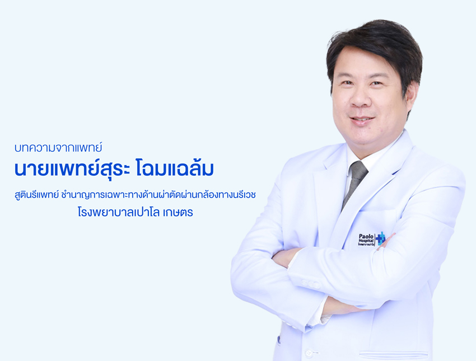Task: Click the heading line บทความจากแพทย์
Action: [58, 148]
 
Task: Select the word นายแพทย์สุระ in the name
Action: [72, 168]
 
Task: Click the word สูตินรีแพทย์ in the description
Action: [36, 195]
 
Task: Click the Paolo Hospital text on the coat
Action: [366, 239]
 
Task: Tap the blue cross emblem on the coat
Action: [380, 238]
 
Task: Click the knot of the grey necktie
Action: [358, 169]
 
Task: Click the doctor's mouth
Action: [361, 120]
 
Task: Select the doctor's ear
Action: [411, 96]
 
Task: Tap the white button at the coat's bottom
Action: [309, 353]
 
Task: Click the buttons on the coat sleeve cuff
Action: [311, 284]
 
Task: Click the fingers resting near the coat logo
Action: [385, 241]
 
